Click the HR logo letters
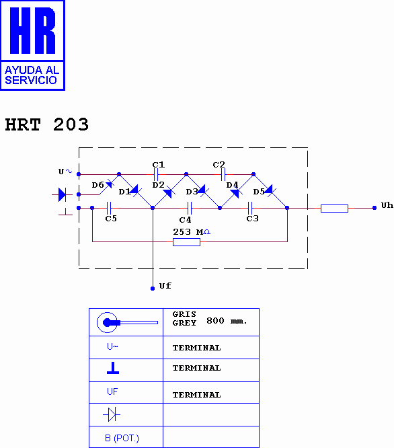(32, 30)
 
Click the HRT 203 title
(47, 125)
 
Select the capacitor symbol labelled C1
(156, 174)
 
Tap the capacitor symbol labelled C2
(223, 174)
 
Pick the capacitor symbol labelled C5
(109, 208)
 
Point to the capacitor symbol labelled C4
(190, 208)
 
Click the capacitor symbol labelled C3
(250, 208)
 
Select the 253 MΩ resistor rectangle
(186, 242)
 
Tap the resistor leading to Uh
(334, 209)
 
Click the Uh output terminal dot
(375, 208)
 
